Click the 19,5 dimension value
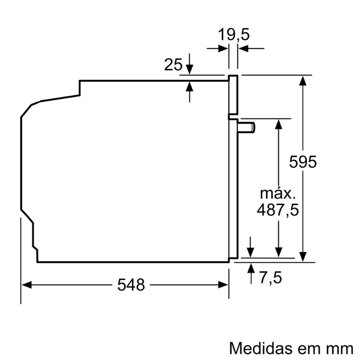coord(234,35)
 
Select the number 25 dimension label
coord(173,64)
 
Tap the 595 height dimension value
coord(303,162)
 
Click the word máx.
coord(276,193)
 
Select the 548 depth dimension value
coord(131,285)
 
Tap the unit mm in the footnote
coord(342,347)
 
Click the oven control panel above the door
coord(233,96)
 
